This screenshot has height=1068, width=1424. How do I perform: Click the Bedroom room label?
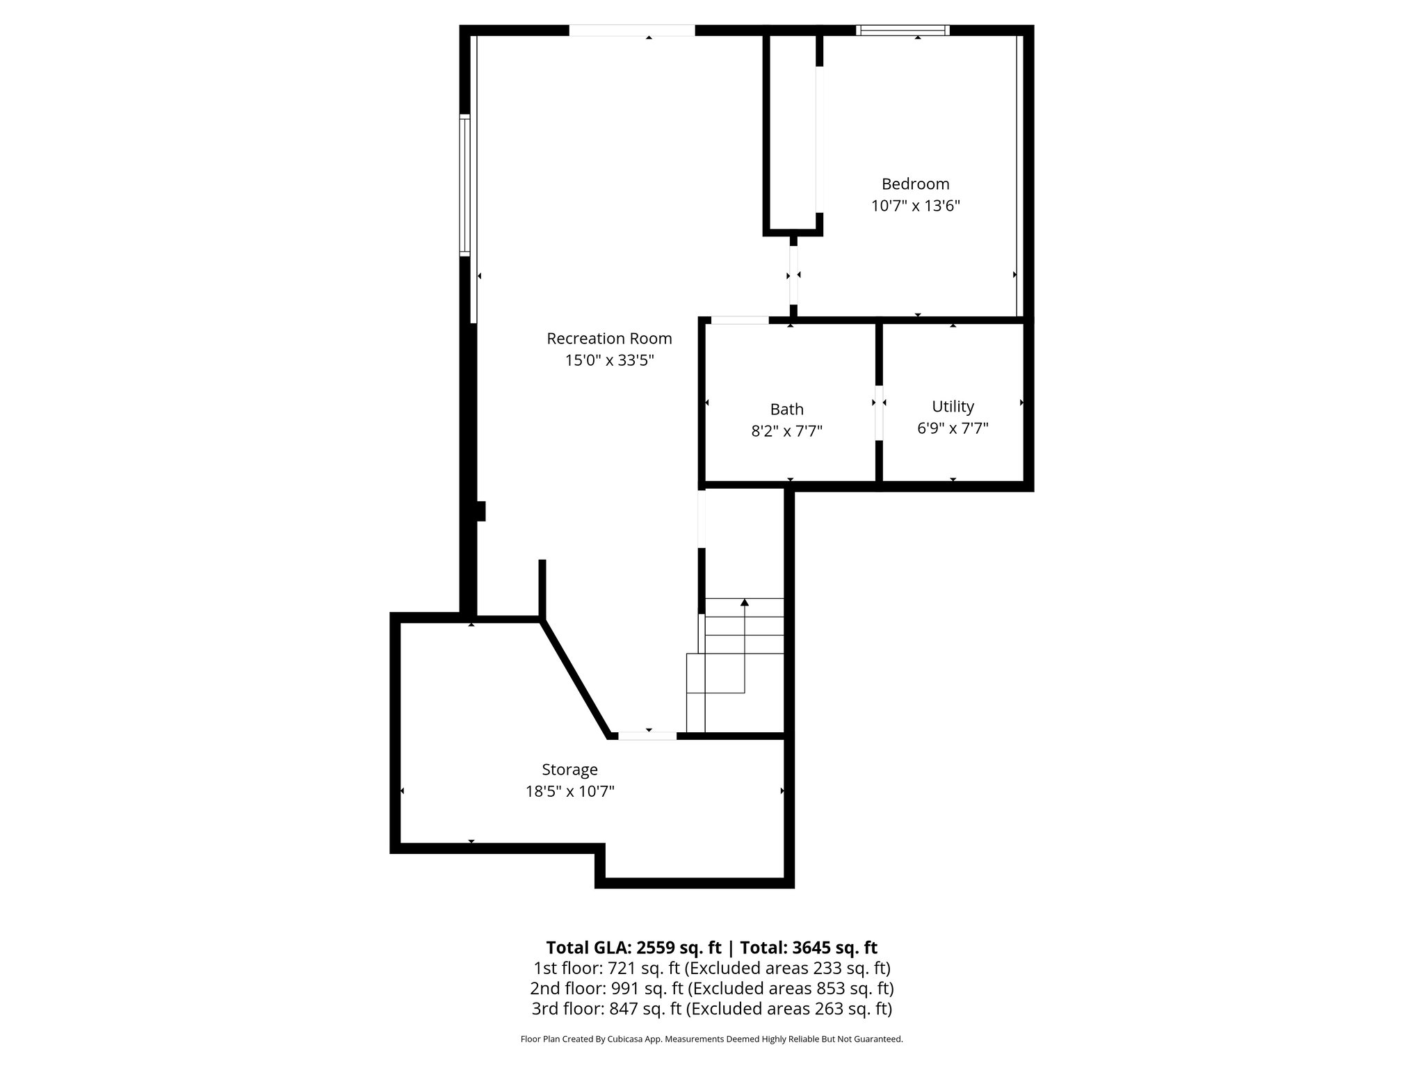click(x=915, y=184)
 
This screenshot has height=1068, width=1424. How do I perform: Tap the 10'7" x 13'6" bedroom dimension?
click(x=915, y=206)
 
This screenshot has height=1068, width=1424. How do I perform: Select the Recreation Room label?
click(x=609, y=339)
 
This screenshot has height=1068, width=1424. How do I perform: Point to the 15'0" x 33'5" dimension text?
click(x=609, y=360)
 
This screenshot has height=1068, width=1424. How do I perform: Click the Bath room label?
click(x=786, y=410)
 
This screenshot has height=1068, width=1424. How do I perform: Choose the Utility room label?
click(x=953, y=406)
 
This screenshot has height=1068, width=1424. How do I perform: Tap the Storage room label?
click(x=569, y=770)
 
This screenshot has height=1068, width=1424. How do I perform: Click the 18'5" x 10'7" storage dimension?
click(x=569, y=791)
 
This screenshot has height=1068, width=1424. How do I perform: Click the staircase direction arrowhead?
click(x=745, y=602)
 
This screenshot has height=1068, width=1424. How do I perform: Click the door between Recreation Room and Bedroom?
click(x=793, y=275)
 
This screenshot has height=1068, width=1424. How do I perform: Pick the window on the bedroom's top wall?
click(x=903, y=30)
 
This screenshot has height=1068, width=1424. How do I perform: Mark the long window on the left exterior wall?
click(x=465, y=185)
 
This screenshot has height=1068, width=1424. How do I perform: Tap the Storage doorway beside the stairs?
click(x=647, y=736)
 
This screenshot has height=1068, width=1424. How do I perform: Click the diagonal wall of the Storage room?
click(x=576, y=678)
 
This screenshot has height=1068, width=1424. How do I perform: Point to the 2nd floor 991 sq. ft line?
click(x=711, y=988)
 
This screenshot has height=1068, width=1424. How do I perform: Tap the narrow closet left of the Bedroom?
click(x=793, y=132)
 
